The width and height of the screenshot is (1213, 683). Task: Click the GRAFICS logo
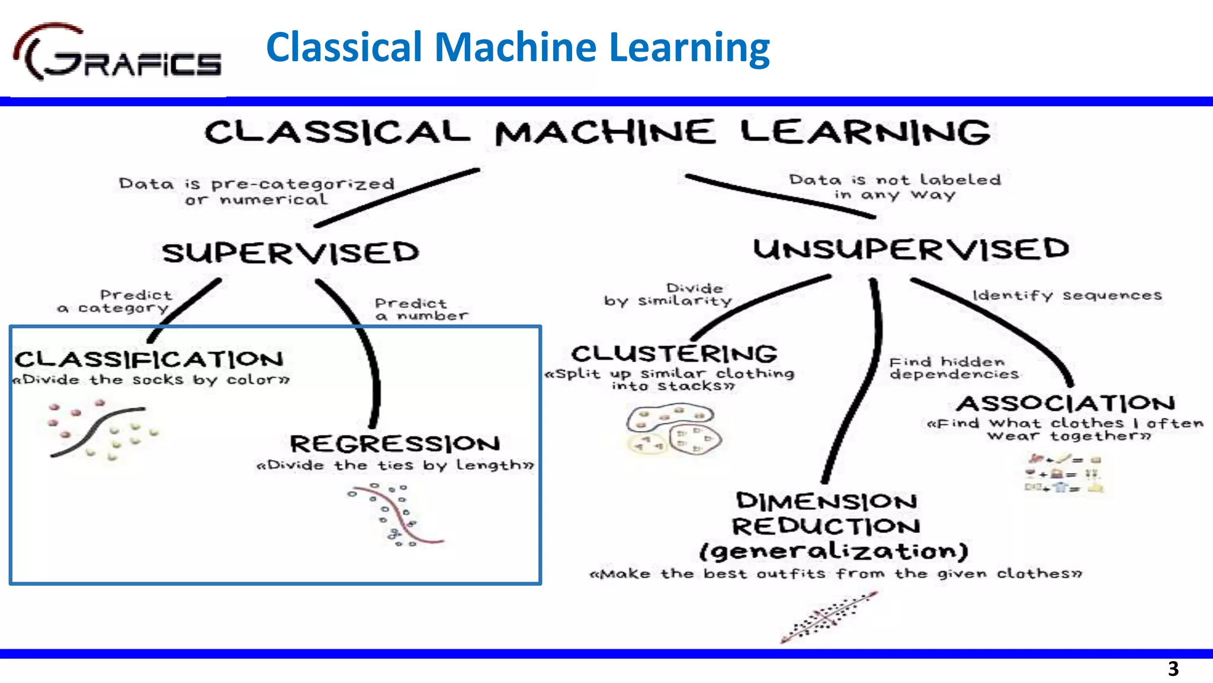coord(117,53)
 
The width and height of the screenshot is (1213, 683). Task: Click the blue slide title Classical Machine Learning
coord(518,47)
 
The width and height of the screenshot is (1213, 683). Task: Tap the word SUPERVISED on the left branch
coord(290,253)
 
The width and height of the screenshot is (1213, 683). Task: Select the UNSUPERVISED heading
coord(911,249)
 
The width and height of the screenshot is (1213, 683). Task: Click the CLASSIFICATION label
coord(149,359)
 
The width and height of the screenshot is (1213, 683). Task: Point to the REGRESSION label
coord(395,443)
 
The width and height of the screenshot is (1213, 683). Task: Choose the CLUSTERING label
coord(674,354)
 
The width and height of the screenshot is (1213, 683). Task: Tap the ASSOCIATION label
coord(1066,404)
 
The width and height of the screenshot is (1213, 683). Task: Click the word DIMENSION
coord(826,502)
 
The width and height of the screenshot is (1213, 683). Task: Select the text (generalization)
coord(833,551)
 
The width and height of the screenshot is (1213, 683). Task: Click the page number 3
coord(1173,669)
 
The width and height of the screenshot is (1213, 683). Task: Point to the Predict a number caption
coord(421,309)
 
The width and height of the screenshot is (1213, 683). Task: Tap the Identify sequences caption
coord(1067,295)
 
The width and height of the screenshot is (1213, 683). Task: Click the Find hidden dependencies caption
coord(954,368)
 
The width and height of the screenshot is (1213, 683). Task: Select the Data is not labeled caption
coord(894,187)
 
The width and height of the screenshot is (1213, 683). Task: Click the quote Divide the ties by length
coord(395,465)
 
